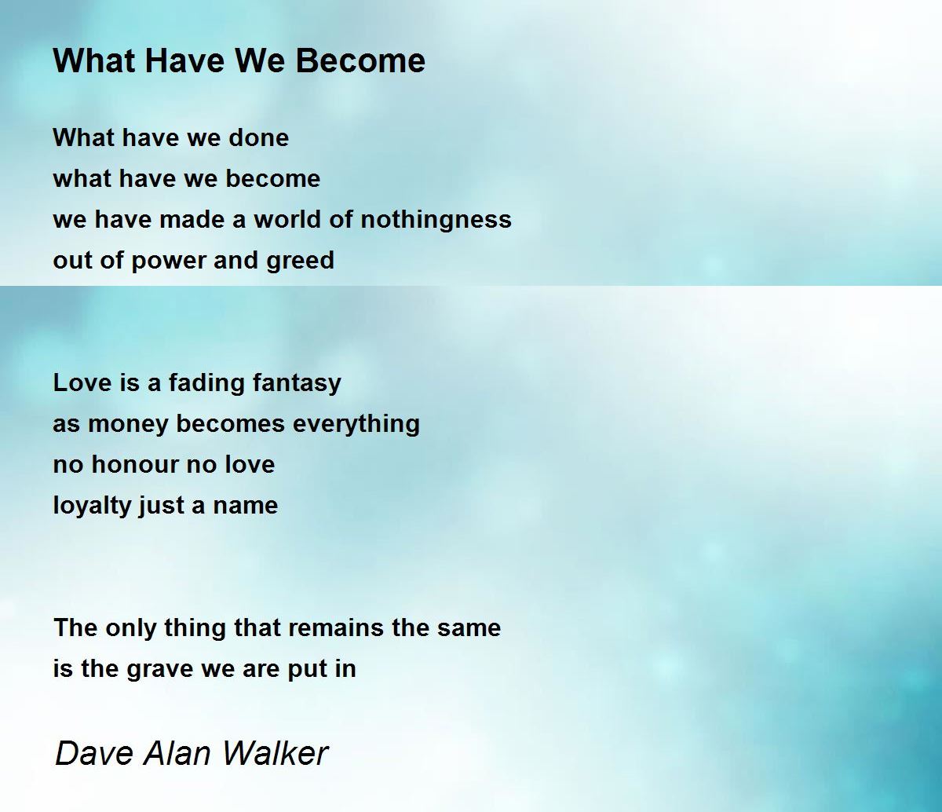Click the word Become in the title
[x=360, y=60]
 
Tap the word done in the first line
[x=259, y=137]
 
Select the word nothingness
[x=436, y=220]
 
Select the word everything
[x=356, y=424]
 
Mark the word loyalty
[x=92, y=506]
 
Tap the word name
[x=245, y=506]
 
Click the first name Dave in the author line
[x=94, y=753]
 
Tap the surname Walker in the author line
[x=276, y=753]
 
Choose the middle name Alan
[x=177, y=753]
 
